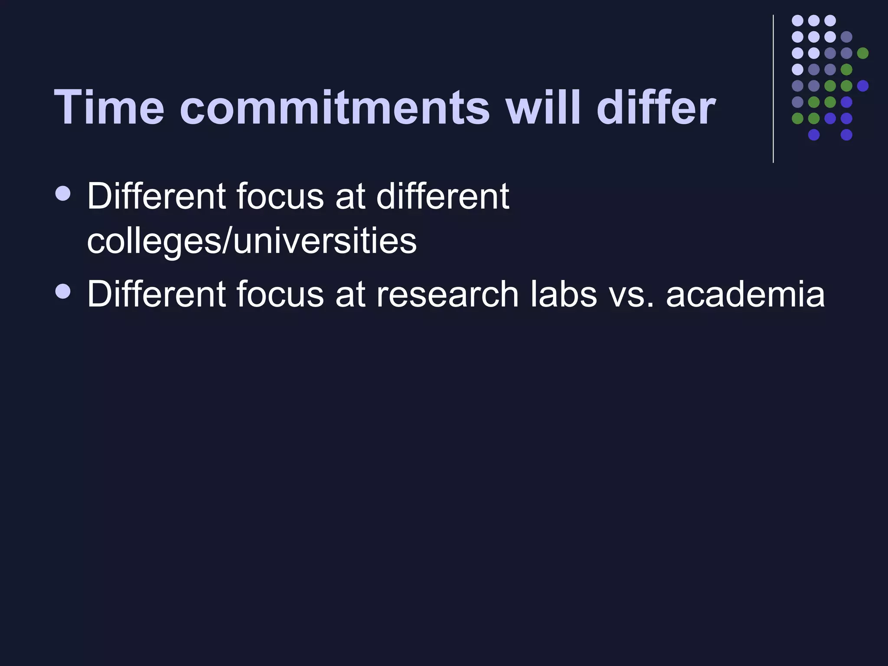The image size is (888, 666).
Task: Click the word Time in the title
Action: coord(109,107)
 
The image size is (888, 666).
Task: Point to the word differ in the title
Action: coord(656,107)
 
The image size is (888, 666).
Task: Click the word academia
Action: coord(745,294)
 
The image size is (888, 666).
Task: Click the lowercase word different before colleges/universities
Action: coord(442,196)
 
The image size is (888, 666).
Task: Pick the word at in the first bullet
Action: coord(349,196)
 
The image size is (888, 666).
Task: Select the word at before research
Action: coord(349,294)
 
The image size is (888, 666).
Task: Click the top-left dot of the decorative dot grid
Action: coord(797,20)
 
